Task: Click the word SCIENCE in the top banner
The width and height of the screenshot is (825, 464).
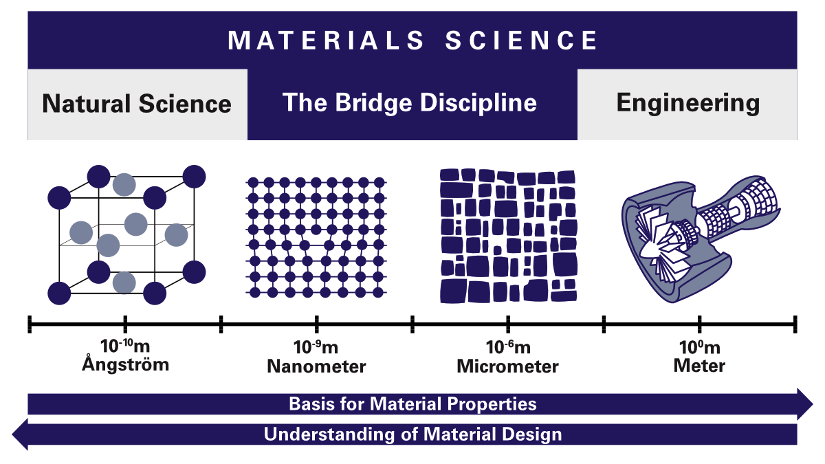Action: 522,40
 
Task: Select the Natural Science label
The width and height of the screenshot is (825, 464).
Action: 137,104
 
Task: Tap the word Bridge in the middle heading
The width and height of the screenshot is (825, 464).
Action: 373,103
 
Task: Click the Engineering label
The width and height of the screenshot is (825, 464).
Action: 688,104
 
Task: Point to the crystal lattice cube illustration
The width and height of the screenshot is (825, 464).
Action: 126,235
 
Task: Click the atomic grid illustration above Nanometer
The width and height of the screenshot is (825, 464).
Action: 316,238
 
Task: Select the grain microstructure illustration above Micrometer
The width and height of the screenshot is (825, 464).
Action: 508,236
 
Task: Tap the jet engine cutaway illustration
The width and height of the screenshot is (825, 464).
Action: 701,239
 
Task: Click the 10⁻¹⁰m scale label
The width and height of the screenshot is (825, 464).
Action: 125,346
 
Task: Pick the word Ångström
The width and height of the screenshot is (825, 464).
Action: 126,364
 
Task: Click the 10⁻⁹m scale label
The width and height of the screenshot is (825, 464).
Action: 316,347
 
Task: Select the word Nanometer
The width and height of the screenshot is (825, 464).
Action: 316,366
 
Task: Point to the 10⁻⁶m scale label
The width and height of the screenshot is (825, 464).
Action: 508,347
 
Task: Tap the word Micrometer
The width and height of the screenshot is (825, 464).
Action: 508,366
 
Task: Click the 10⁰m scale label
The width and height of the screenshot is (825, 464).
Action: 699,347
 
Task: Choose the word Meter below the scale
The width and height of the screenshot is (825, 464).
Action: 699,366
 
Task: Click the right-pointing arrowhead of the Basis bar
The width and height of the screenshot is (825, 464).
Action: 805,404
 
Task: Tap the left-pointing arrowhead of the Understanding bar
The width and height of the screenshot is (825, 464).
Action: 20,434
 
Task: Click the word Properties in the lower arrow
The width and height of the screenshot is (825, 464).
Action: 492,404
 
